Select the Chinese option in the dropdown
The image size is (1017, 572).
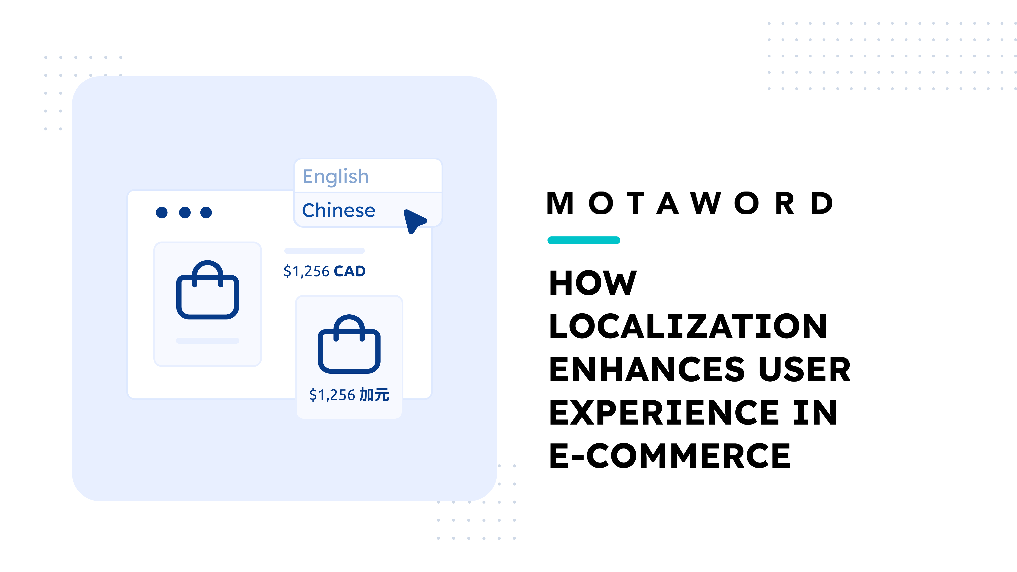(338, 210)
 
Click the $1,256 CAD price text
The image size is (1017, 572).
(325, 271)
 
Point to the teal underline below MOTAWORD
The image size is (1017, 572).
(584, 240)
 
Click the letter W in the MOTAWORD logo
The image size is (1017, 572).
(706, 204)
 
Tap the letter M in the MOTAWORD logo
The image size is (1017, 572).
(560, 204)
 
